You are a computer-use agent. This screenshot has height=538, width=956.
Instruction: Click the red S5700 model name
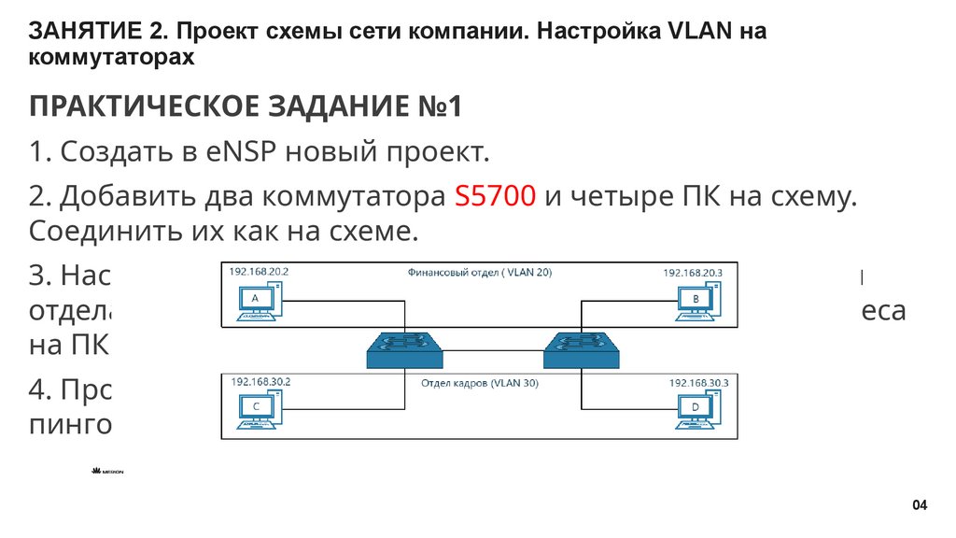[x=494, y=197]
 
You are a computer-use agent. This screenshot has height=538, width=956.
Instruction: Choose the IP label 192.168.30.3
[x=699, y=383]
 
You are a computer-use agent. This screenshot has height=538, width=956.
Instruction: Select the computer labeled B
[x=698, y=301]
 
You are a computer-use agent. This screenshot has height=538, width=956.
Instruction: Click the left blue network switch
[x=405, y=350]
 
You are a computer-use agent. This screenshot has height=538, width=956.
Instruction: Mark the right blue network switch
[x=582, y=350]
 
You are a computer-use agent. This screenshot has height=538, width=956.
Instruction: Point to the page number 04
[x=920, y=505]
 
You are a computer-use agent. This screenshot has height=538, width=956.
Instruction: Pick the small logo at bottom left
[x=107, y=472]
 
